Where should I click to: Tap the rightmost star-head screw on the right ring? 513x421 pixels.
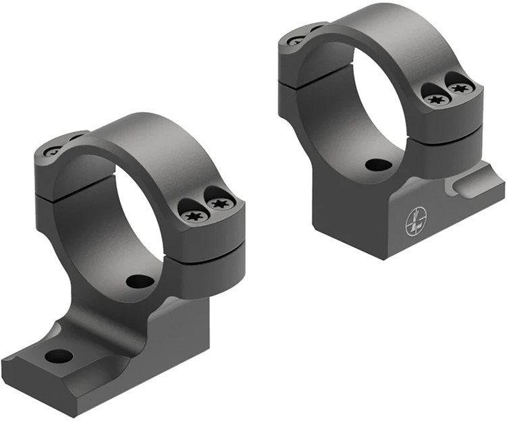(x=460, y=88)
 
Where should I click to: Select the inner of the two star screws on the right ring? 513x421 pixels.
(x=437, y=99)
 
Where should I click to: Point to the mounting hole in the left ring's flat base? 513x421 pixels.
(x=58, y=356)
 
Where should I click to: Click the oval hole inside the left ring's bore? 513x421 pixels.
(x=139, y=281)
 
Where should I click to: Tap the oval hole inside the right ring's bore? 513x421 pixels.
(x=377, y=165)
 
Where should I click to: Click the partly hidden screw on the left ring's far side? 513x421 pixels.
(x=53, y=151)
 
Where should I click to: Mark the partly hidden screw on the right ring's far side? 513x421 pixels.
(x=296, y=40)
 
